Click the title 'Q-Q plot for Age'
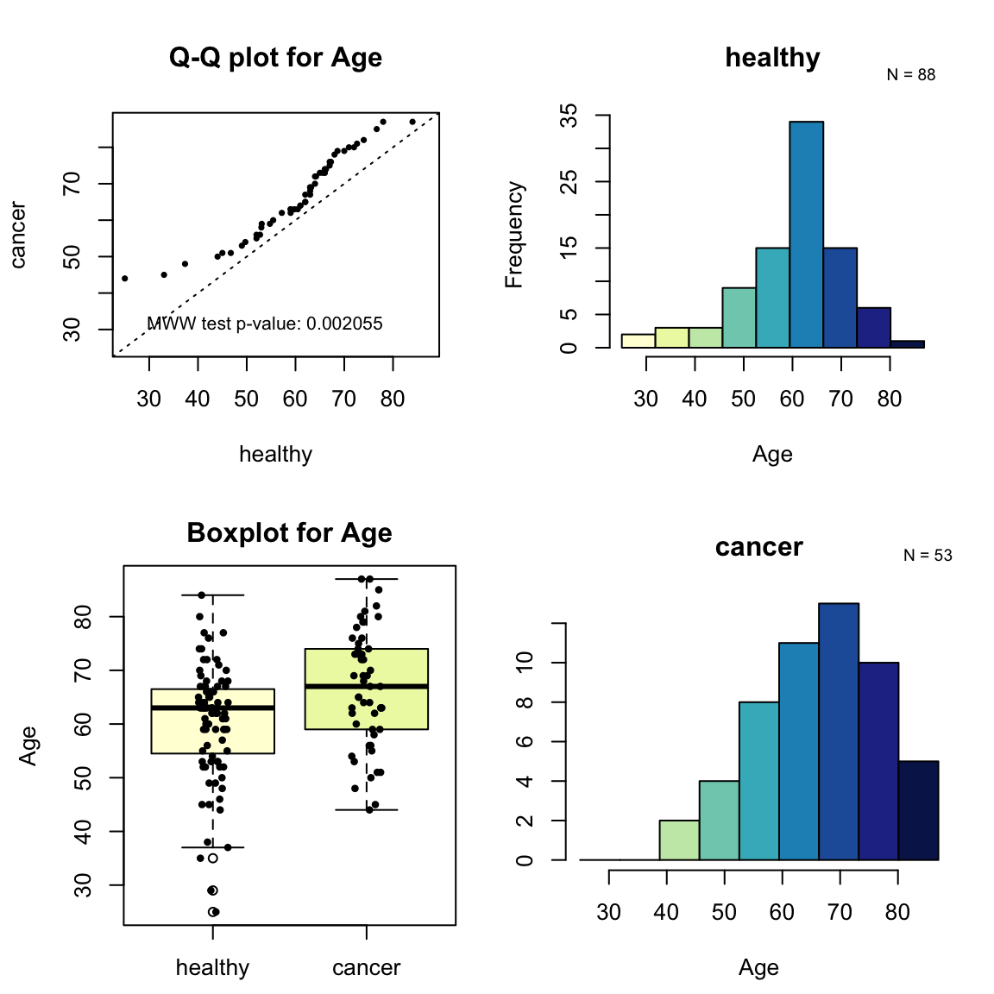(x=275, y=58)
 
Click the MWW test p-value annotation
(x=265, y=324)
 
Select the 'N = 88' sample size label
(x=910, y=75)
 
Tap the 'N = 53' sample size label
(x=928, y=556)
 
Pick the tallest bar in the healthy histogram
(x=806, y=235)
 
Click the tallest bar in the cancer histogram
(x=838, y=732)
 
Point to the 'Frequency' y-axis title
(x=514, y=235)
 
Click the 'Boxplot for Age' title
(x=289, y=533)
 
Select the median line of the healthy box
(x=213, y=708)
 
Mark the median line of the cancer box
(x=367, y=686)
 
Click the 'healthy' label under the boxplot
(x=212, y=967)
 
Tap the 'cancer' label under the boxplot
(x=366, y=967)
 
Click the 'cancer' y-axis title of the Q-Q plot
(x=18, y=235)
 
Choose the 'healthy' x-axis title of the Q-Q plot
(x=275, y=455)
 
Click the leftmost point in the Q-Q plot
(x=125, y=279)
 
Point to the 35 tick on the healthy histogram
(x=569, y=116)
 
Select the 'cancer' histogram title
(x=758, y=547)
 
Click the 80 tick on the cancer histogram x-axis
(x=897, y=912)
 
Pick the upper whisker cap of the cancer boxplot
(x=367, y=579)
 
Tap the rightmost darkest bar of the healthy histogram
(x=907, y=344)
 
